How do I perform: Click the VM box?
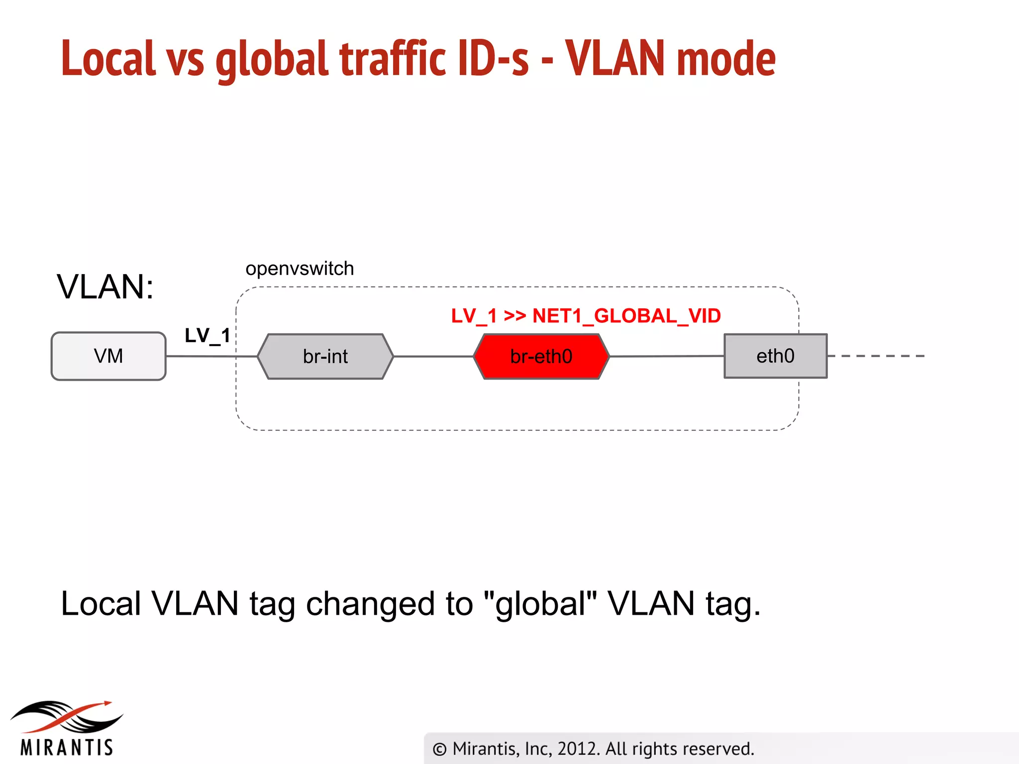coord(108,356)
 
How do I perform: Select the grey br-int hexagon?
coord(325,356)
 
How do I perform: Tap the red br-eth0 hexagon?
coord(541,356)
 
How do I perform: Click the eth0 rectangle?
coord(775,356)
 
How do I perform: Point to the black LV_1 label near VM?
coord(207,336)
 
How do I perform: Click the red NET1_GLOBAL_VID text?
coord(626,316)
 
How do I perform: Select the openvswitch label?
coord(300,269)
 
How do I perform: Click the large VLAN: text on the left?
coord(105,287)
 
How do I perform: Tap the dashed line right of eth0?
coord(876,356)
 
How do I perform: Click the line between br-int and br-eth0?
coord(433,356)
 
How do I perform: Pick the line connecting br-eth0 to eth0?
coord(667,356)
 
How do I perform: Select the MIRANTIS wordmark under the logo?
coord(67,748)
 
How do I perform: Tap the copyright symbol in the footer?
coord(439,749)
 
